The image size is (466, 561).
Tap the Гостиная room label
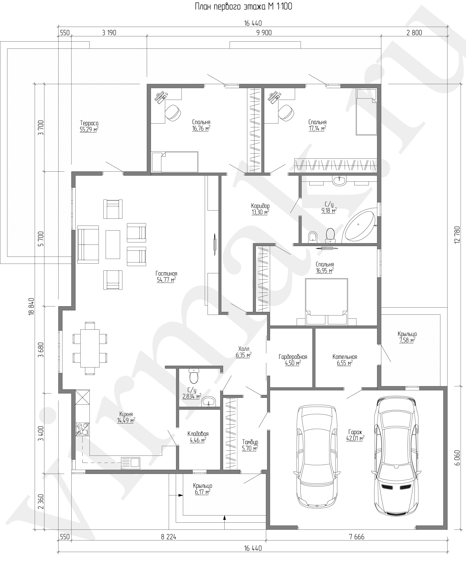coord(166,274)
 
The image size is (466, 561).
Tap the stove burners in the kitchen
coord(82,429)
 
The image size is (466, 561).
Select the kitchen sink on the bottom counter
coord(131,463)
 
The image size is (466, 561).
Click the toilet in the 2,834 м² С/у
coord(194,375)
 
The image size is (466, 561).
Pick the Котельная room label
coord(345,357)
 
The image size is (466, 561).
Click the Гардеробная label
coord(293,357)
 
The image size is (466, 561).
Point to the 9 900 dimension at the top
coord(264,33)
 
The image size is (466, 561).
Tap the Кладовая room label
coord(198,434)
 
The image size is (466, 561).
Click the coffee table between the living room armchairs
coord(113,245)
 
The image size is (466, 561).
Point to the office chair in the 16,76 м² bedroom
coord(172,112)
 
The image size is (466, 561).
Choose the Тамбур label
coord(250,442)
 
